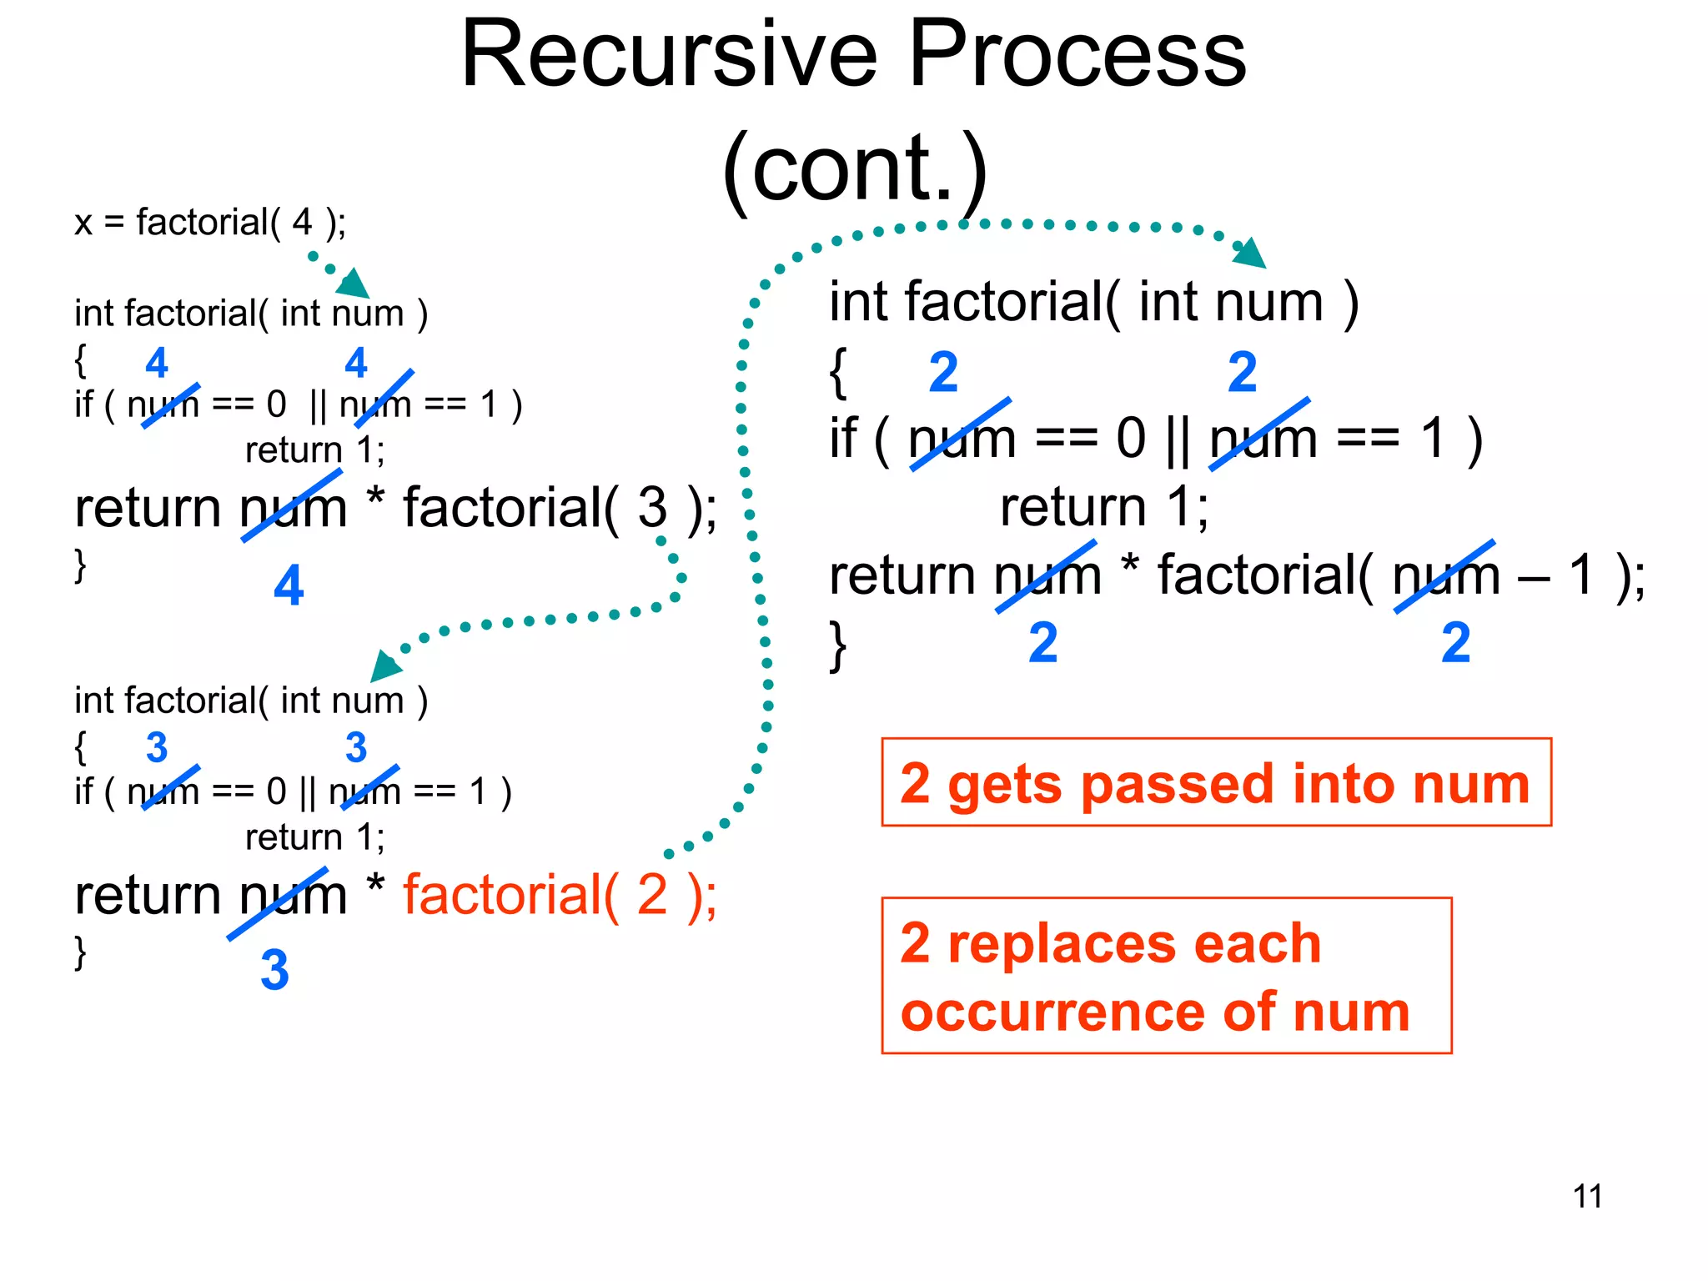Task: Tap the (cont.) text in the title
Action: click(854, 169)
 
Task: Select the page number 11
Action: click(1587, 1196)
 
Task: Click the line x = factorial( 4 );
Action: click(210, 223)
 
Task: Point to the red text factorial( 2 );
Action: click(560, 895)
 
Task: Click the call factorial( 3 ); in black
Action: click(560, 507)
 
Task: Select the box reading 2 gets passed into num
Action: click(1216, 782)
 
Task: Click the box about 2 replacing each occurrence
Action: click(1166, 976)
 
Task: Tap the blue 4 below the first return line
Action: click(289, 585)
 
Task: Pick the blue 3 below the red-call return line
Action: click(274, 970)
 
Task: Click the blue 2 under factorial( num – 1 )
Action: click(1455, 642)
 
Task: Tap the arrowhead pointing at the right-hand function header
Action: click(1250, 254)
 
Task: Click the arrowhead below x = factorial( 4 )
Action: click(354, 284)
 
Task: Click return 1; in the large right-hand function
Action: click(1104, 506)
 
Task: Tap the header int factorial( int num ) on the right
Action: click(1093, 302)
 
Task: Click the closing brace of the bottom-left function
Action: click(81, 952)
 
